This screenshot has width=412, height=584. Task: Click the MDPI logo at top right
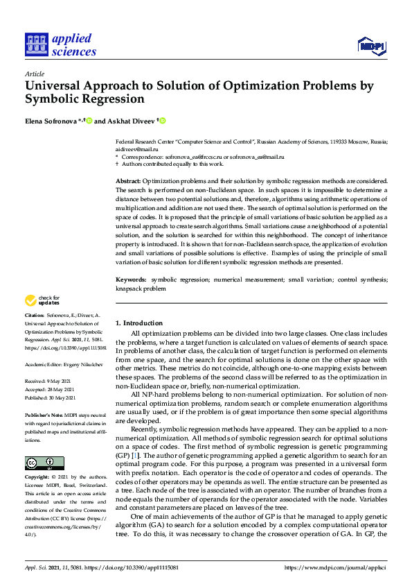(371, 46)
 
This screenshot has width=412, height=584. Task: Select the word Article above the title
(34, 74)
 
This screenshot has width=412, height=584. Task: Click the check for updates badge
(42, 301)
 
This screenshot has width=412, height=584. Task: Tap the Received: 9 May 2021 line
(48, 381)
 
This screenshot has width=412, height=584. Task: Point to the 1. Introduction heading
(138, 323)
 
